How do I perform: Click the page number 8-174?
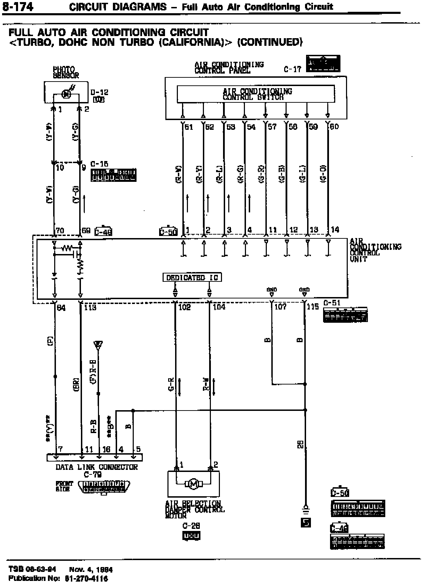(x=18, y=7)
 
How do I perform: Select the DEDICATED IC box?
(x=192, y=277)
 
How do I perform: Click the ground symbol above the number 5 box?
(x=306, y=510)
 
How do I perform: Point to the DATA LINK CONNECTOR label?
(x=97, y=467)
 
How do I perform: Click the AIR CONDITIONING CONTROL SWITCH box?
(x=256, y=94)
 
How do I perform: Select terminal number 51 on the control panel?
(x=189, y=127)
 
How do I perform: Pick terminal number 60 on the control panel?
(x=334, y=127)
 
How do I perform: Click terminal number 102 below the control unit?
(x=184, y=307)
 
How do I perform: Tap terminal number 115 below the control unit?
(x=313, y=307)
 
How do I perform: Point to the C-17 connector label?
(x=293, y=69)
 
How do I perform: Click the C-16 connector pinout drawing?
(x=113, y=175)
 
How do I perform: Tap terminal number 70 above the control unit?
(x=60, y=230)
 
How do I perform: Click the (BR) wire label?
(x=77, y=385)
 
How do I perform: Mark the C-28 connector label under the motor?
(x=191, y=526)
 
